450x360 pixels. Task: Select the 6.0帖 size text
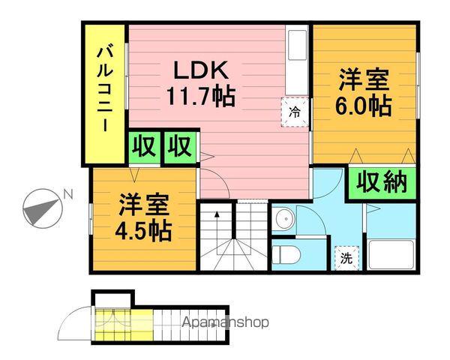(x=363, y=105)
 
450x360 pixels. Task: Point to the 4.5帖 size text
(x=142, y=229)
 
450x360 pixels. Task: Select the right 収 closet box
(x=180, y=146)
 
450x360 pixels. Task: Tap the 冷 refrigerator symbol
(x=295, y=112)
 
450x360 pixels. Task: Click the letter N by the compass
(x=67, y=195)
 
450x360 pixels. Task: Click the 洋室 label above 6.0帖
(x=364, y=79)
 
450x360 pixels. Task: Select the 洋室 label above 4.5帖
(x=142, y=203)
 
